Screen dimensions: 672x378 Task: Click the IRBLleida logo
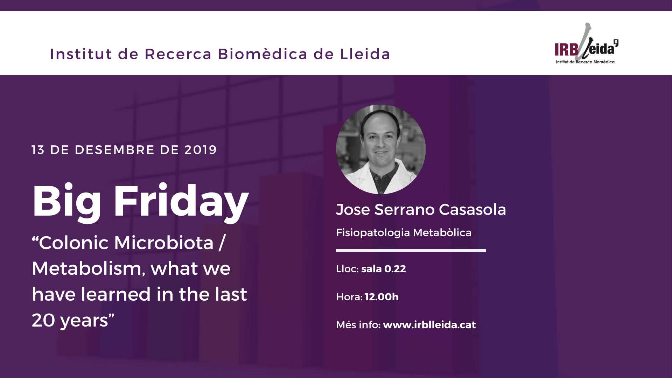(x=586, y=44)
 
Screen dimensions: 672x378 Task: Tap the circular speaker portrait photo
(x=381, y=149)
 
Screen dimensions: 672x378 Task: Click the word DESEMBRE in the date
(x=115, y=150)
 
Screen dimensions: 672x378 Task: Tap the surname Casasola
(x=472, y=210)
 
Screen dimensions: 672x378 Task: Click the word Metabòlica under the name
(x=442, y=233)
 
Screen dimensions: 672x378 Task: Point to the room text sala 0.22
(x=384, y=269)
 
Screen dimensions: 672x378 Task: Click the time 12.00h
(x=381, y=297)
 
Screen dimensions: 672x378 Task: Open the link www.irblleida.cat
(x=429, y=325)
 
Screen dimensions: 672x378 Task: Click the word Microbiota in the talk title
(x=164, y=243)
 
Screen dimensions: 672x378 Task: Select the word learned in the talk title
(x=116, y=294)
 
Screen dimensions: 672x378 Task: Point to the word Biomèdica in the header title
(x=262, y=54)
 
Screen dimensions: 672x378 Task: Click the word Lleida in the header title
(x=365, y=54)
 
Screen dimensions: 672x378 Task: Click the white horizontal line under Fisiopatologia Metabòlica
(x=411, y=251)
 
